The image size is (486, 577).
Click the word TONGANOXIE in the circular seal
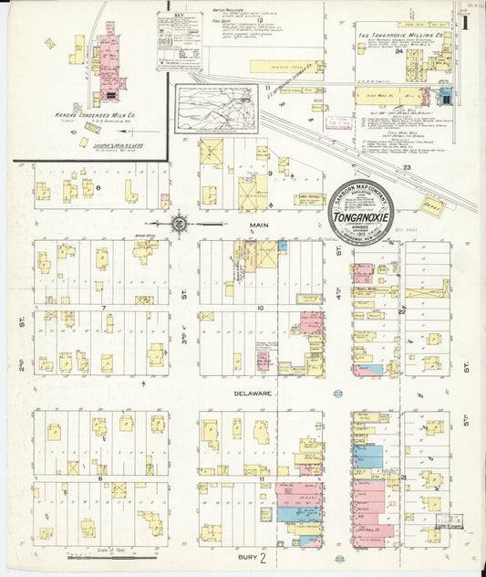pos(361,218)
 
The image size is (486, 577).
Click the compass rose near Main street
pos(180,222)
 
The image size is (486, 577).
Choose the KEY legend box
pos(179,40)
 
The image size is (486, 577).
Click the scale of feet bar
pos(99,554)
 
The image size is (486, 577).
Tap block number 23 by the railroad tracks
pos(407,167)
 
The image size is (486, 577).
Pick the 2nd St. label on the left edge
pos(19,321)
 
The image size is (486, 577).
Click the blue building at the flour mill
pos(446,95)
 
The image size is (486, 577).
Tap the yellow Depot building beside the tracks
pos(432,205)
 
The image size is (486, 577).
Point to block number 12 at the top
pos(260,19)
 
